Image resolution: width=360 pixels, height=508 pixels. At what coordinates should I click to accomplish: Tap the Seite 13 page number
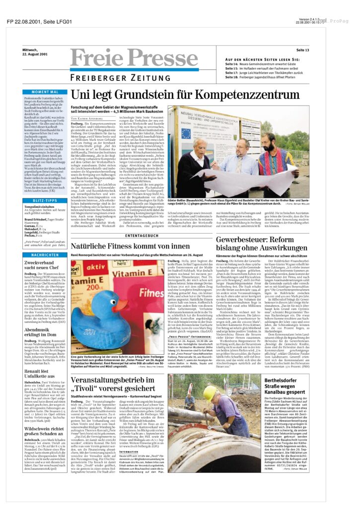(x=302, y=50)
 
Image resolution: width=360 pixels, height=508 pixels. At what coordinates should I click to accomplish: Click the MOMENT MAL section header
(x=51, y=92)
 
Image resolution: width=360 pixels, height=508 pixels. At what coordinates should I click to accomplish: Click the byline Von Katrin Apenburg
(x=87, y=118)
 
